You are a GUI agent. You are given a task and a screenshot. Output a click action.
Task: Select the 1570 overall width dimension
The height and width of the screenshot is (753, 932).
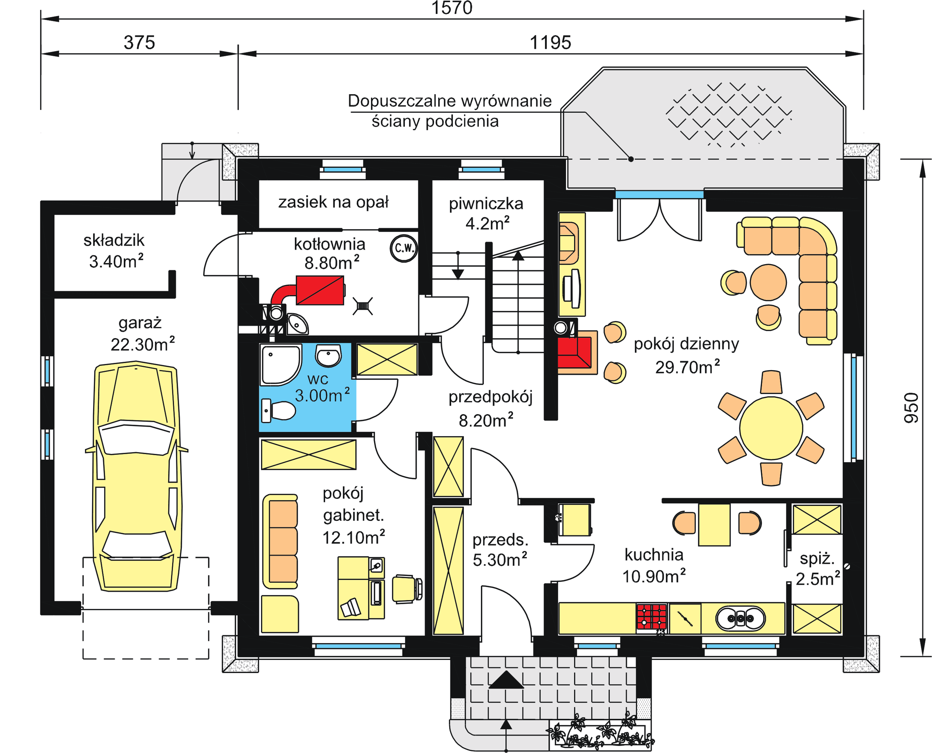pos(452,8)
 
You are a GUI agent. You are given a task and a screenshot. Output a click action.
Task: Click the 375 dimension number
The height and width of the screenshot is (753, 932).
pos(139,43)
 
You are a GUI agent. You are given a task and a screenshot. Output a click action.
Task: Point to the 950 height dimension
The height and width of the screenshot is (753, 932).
pos(911,408)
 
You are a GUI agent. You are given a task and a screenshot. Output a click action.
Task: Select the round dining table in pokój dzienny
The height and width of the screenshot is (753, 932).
pos(771,428)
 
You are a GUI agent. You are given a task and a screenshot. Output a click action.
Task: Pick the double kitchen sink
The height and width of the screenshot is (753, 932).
pos(740,618)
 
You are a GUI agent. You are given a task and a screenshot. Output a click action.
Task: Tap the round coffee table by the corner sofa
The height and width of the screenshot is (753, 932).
pos(768,282)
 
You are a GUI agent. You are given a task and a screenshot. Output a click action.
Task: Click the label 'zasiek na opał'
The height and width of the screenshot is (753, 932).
pos(333,202)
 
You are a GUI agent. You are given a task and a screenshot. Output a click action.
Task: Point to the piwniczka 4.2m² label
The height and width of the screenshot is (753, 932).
pos(486,213)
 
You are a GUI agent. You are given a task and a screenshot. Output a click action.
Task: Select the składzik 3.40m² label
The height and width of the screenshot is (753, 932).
pos(114,251)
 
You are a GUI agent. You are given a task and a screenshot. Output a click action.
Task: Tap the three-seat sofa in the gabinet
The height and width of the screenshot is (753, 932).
pos(280,541)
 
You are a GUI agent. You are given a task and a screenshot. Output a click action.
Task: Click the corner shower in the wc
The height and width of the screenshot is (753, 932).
pos(280,365)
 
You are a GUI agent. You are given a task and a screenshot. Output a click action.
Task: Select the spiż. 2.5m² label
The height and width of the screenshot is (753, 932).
pos(817,568)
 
